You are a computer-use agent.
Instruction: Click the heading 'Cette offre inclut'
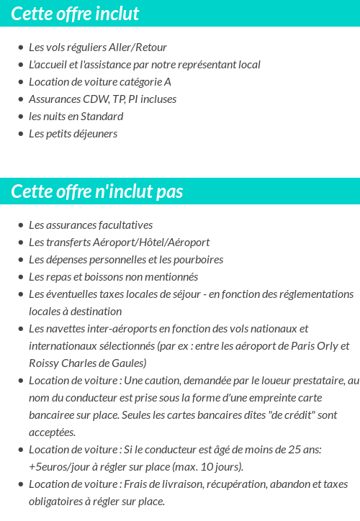tap(75, 14)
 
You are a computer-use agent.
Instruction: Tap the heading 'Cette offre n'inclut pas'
tap(97, 191)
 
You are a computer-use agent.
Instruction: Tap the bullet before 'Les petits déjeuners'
tap(21, 134)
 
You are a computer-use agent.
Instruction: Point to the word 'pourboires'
tap(199, 260)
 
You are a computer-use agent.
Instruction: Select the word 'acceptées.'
tap(52, 432)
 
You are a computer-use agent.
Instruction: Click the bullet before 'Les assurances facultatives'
tap(21, 225)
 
